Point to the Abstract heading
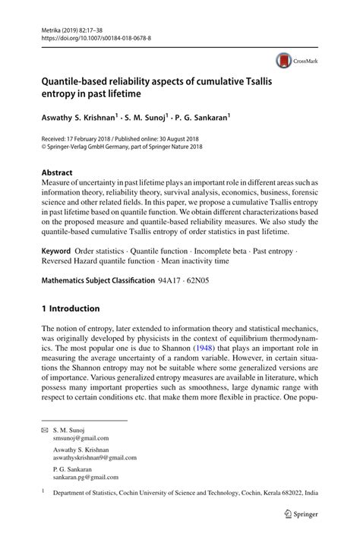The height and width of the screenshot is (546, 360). (58, 172)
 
